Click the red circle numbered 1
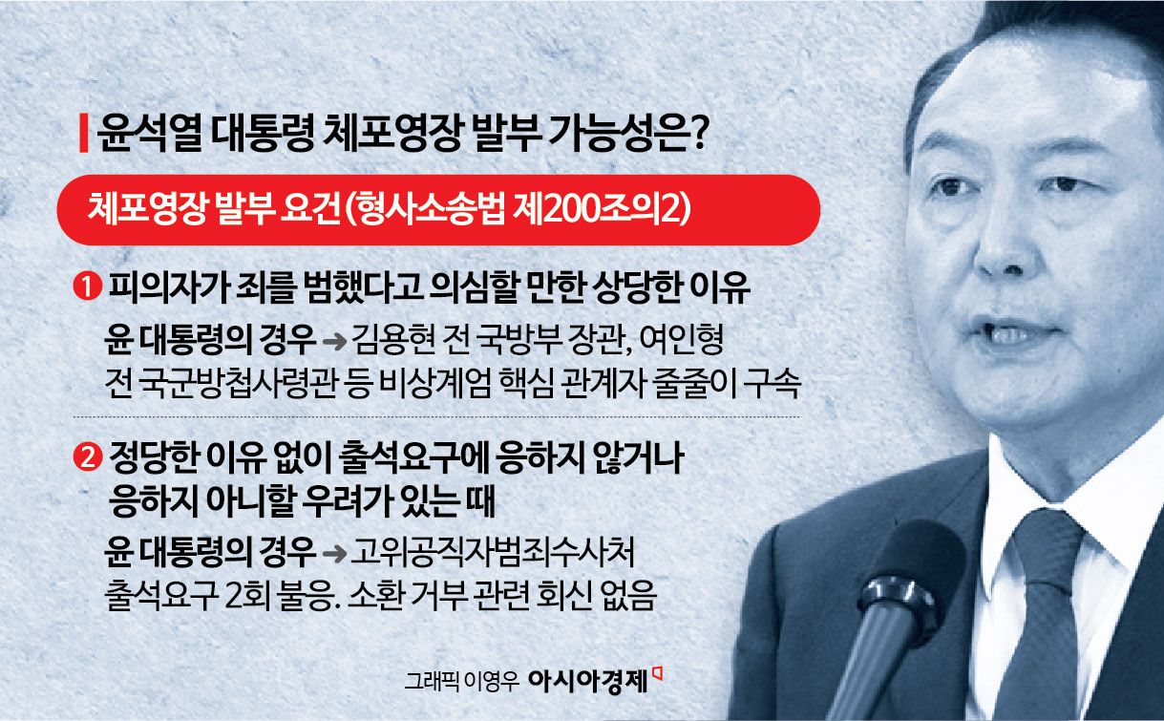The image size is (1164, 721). tap(88, 286)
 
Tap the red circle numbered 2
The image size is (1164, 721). tap(88, 459)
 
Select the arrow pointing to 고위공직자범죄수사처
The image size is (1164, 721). tap(335, 552)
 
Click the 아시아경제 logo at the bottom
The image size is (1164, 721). tap(588, 680)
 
